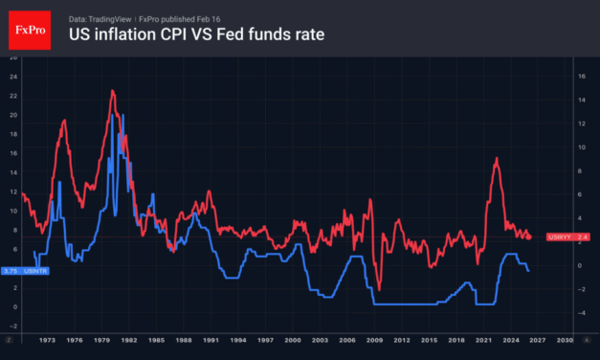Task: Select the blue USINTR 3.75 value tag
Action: click(x=23, y=271)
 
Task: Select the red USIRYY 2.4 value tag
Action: click(x=568, y=236)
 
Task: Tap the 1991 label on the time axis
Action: click(x=213, y=340)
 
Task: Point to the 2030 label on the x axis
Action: click(x=566, y=340)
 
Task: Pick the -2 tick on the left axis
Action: click(x=11, y=326)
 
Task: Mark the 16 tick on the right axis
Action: click(x=580, y=76)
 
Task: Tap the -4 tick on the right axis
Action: click(x=580, y=311)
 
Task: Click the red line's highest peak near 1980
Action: click(x=113, y=91)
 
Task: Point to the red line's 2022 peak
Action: click(x=496, y=159)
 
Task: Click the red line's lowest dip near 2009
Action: click(x=379, y=289)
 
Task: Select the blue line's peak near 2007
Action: click(x=356, y=257)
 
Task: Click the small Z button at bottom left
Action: click(x=8, y=340)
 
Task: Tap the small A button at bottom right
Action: click(x=590, y=340)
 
